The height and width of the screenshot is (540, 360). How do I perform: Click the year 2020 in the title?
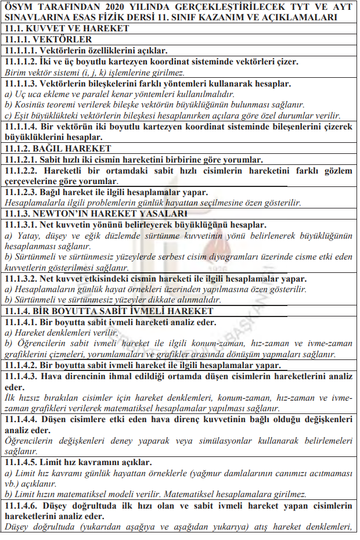131,6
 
